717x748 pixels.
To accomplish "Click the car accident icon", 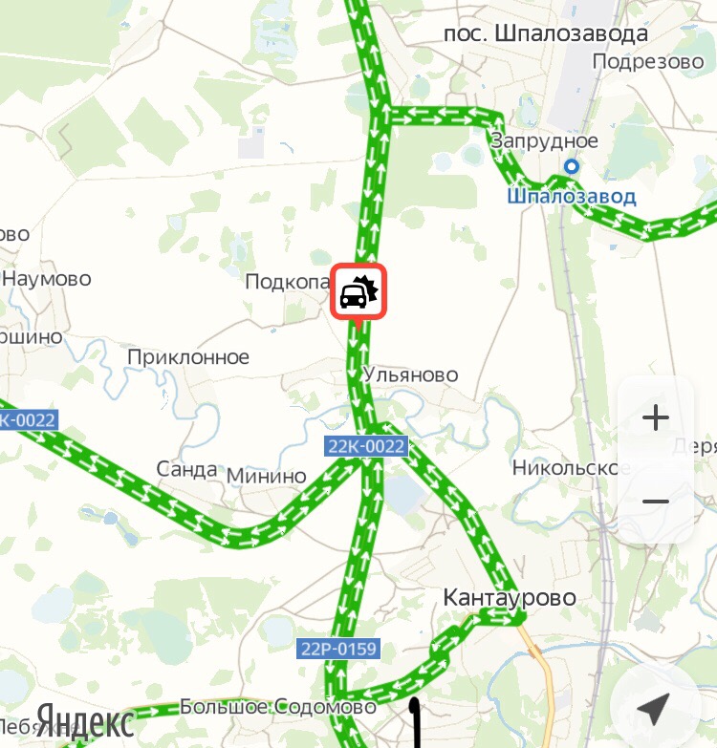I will [358, 292].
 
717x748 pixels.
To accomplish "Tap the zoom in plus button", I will [656, 417].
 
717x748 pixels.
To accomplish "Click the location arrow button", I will [654, 708].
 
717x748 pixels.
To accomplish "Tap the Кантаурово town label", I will [510, 598].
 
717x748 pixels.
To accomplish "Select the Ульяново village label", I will [411, 374].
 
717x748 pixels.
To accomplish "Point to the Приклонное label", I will [188, 357].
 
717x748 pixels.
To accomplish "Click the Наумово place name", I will [47, 279].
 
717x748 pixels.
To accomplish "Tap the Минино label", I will [267, 476].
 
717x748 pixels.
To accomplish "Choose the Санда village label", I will [187, 469].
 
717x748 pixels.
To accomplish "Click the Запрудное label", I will [544, 141].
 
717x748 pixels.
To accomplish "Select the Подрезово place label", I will [647, 61].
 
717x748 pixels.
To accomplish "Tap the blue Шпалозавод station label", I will [571, 197].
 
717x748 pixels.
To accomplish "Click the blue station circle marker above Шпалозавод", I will [572, 167].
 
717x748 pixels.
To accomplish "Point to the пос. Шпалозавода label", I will [546, 33].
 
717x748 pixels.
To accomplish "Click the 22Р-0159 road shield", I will [338, 650].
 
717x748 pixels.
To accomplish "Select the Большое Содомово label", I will [278, 708].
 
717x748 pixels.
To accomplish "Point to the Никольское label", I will [572, 468].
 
